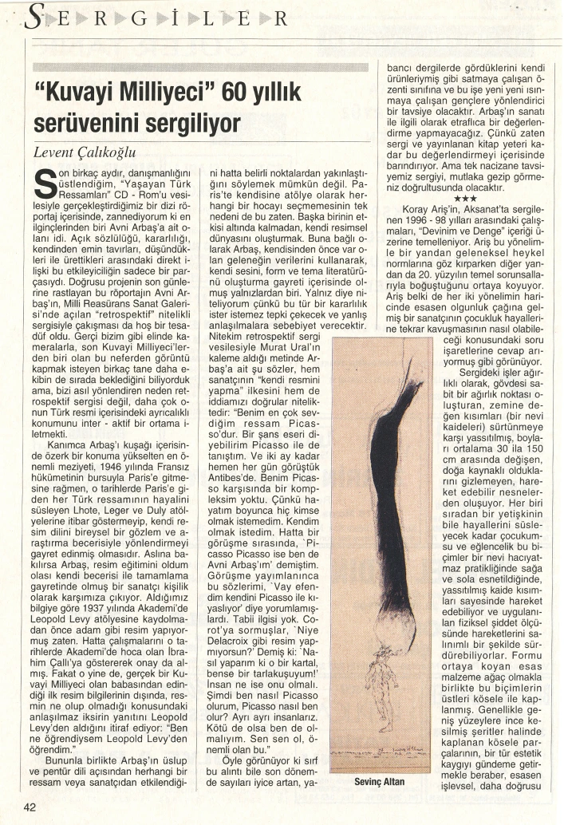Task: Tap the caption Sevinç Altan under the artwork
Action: tap(379, 782)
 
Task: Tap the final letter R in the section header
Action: tap(280, 19)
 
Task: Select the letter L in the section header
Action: tap(208, 19)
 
